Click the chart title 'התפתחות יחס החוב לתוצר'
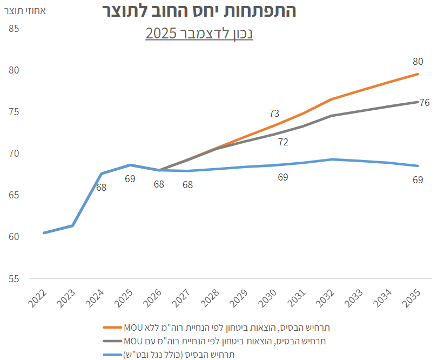tap(198, 10)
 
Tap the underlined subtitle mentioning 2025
tap(199, 34)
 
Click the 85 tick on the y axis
tap(14, 28)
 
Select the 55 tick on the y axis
tap(14, 279)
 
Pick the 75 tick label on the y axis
tap(14, 112)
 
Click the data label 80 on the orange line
tap(418, 61)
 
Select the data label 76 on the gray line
tap(425, 102)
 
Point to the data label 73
tap(274, 114)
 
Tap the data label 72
tap(282, 142)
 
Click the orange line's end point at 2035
tap(418, 74)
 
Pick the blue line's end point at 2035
tap(418, 166)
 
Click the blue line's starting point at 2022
tap(44, 233)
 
